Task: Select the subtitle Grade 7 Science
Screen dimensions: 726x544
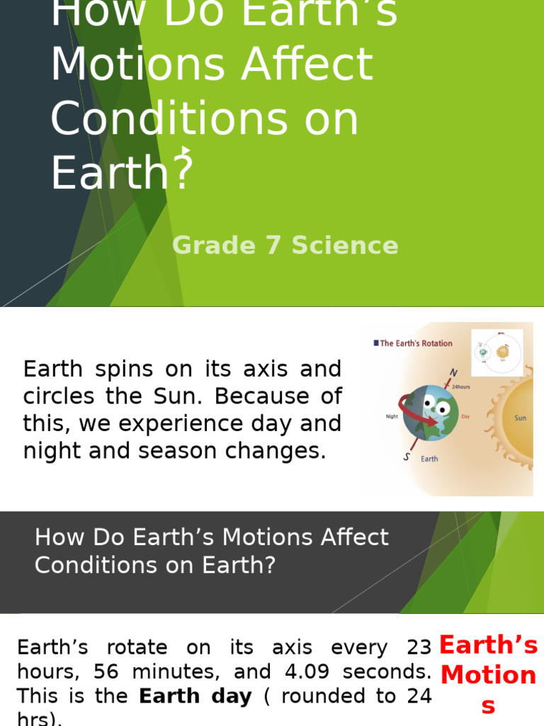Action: [x=285, y=245]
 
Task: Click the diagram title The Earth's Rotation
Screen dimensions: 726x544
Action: [x=416, y=343]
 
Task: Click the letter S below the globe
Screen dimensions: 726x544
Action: [x=407, y=457]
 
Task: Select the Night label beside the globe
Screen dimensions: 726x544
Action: [x=392, y=417]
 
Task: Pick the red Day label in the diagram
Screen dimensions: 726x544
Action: [x=465, y=417]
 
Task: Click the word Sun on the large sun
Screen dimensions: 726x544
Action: [x=520, y=418]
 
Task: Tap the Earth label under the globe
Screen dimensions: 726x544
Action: [x=429, y=459]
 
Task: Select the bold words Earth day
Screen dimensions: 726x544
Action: [x=195, y=696]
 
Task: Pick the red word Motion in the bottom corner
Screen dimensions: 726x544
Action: [x=488, y=675]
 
